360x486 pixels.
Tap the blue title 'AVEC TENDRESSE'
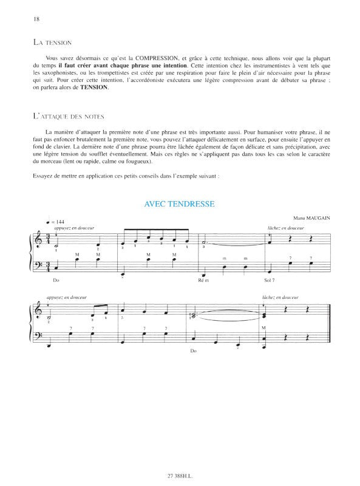click(x=180, y=204)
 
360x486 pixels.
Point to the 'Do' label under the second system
click(x=194, y=351)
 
